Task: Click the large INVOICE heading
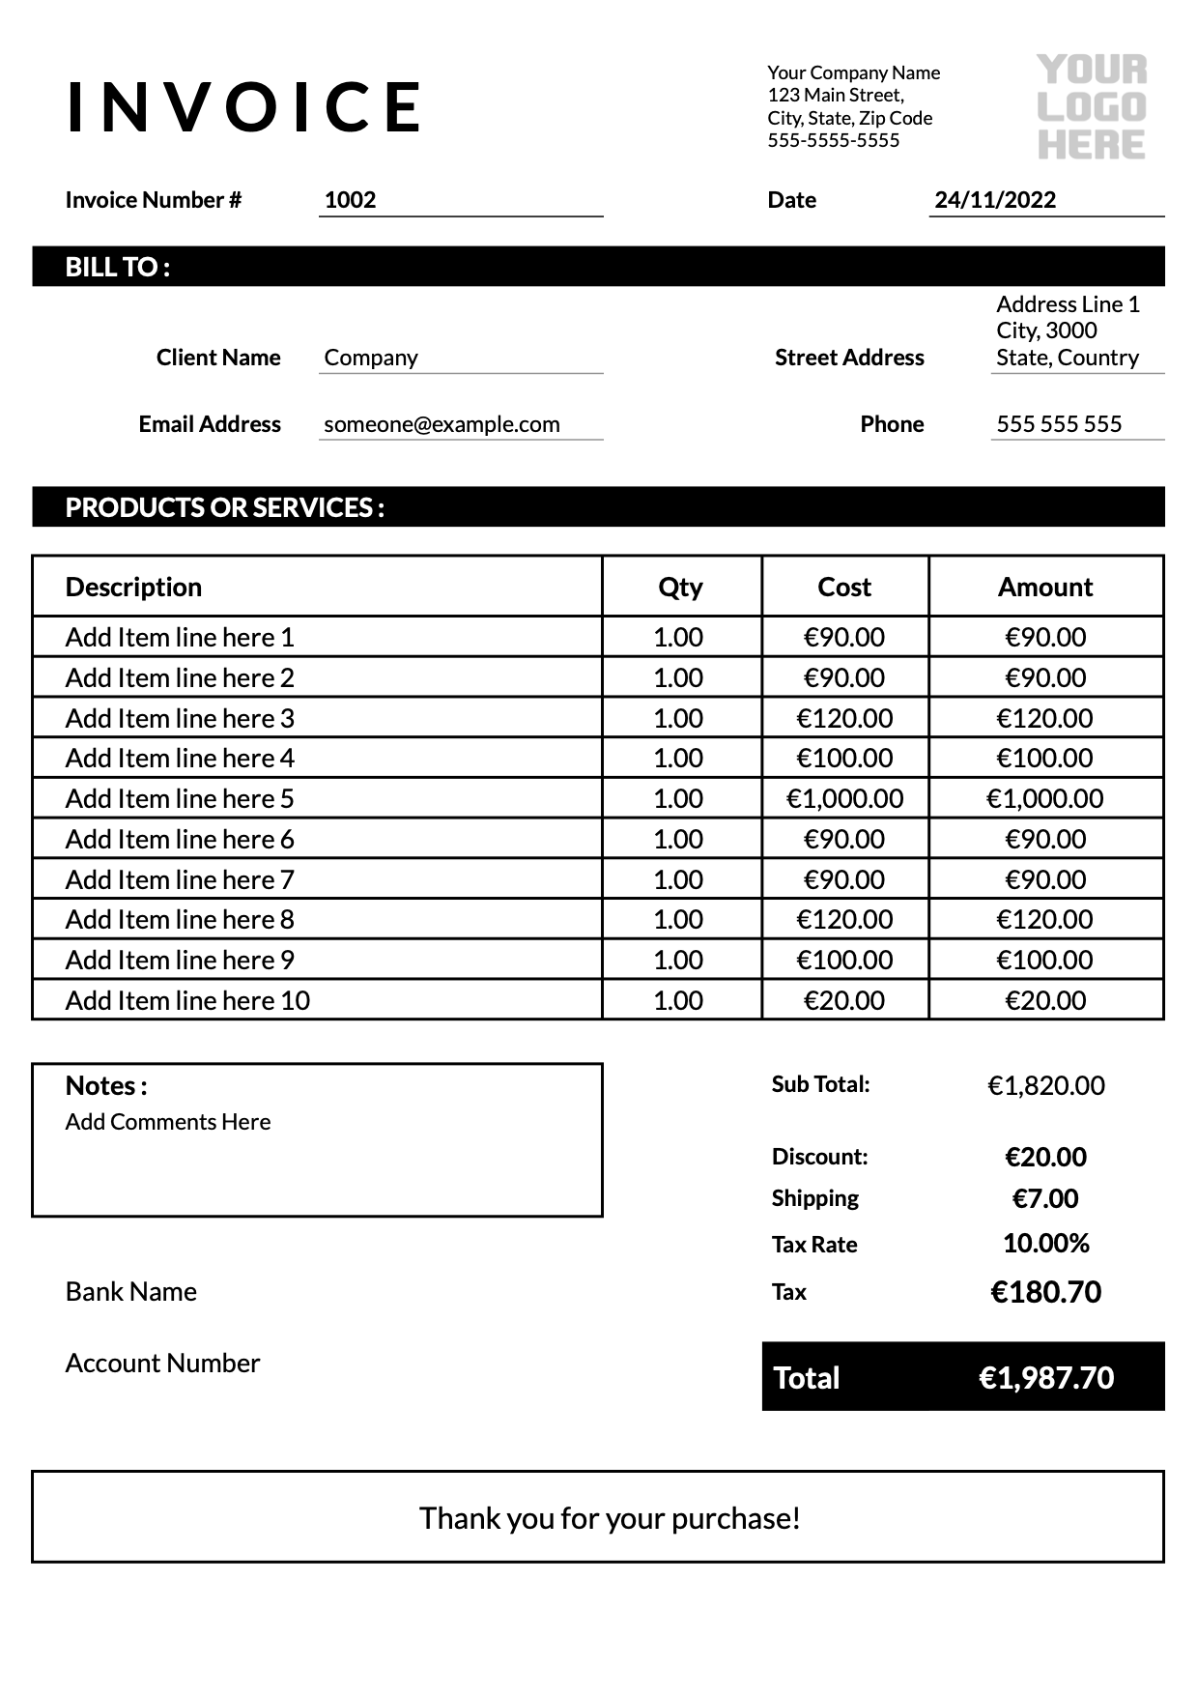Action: point(245,106)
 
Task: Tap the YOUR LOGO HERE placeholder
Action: point(1091,107)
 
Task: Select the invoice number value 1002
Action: point(350,200)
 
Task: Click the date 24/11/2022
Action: point(995,200)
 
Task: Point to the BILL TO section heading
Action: point(118,267)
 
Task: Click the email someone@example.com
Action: point(442,424)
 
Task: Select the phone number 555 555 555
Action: point(1059,424)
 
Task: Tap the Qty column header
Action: point(680,587)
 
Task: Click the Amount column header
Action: point(1045,587)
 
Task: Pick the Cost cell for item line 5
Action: point(844,798)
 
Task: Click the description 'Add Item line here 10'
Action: point(187,1000)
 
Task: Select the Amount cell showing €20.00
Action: point(1045,1000)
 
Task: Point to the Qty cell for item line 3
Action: point(678,718)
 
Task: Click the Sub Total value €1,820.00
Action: point(1045,1085)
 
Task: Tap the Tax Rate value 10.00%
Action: point(1045,1243)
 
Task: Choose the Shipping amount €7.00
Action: point(1045,1198)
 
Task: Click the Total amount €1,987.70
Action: point(1045,1377)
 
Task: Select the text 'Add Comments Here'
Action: point(168,1122)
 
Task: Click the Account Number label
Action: point(162,1363)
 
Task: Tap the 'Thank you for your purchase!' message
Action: point(610,1518)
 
